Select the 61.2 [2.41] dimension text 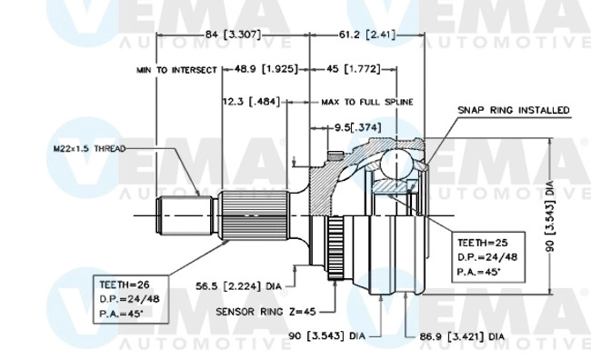pyautogui.click(x=361, y=35)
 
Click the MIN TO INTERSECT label pyautogui.click(x=176, y=69)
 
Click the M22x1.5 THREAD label pyautogui.click(x=88, y=147)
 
